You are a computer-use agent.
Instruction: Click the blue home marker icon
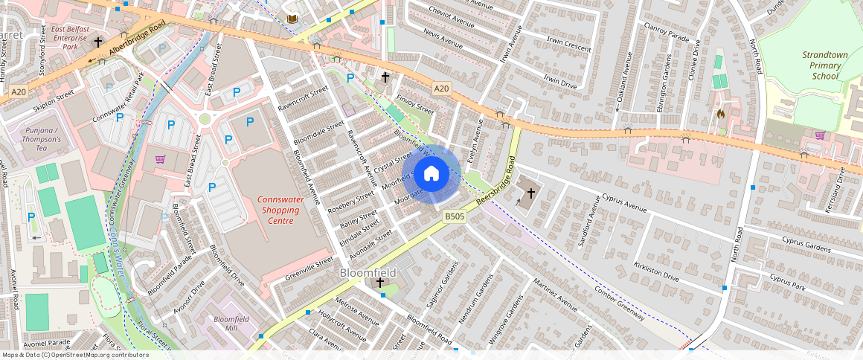pyautogui.click(x=431, y=174)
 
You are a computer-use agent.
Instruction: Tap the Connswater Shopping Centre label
pyautogui.click(x=276, y=210)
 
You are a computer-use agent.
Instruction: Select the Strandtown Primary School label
pyautogui.click(x=821, y=65)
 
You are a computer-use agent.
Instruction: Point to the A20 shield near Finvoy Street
pyautogui.click(x=441, y=89)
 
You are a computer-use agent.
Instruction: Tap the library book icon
pyautogui.click(x=292, y=19)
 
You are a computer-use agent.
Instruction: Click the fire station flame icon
pyautogui.click(x=720, y=115)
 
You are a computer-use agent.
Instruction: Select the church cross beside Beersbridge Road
pyautogui.click(x=530, y=193)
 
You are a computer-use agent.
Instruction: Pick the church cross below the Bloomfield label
pyautogui.click(x=380, y=283)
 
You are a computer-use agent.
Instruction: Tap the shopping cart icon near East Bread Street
pyautogui.click(x=160, y=158)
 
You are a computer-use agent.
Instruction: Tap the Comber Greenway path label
pyautogui.click(x=618, y=303)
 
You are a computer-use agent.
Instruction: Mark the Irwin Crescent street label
pyautogui.click(x=567, y=45)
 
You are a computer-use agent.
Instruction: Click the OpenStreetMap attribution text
pyautogui.click(x=74, y=355)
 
